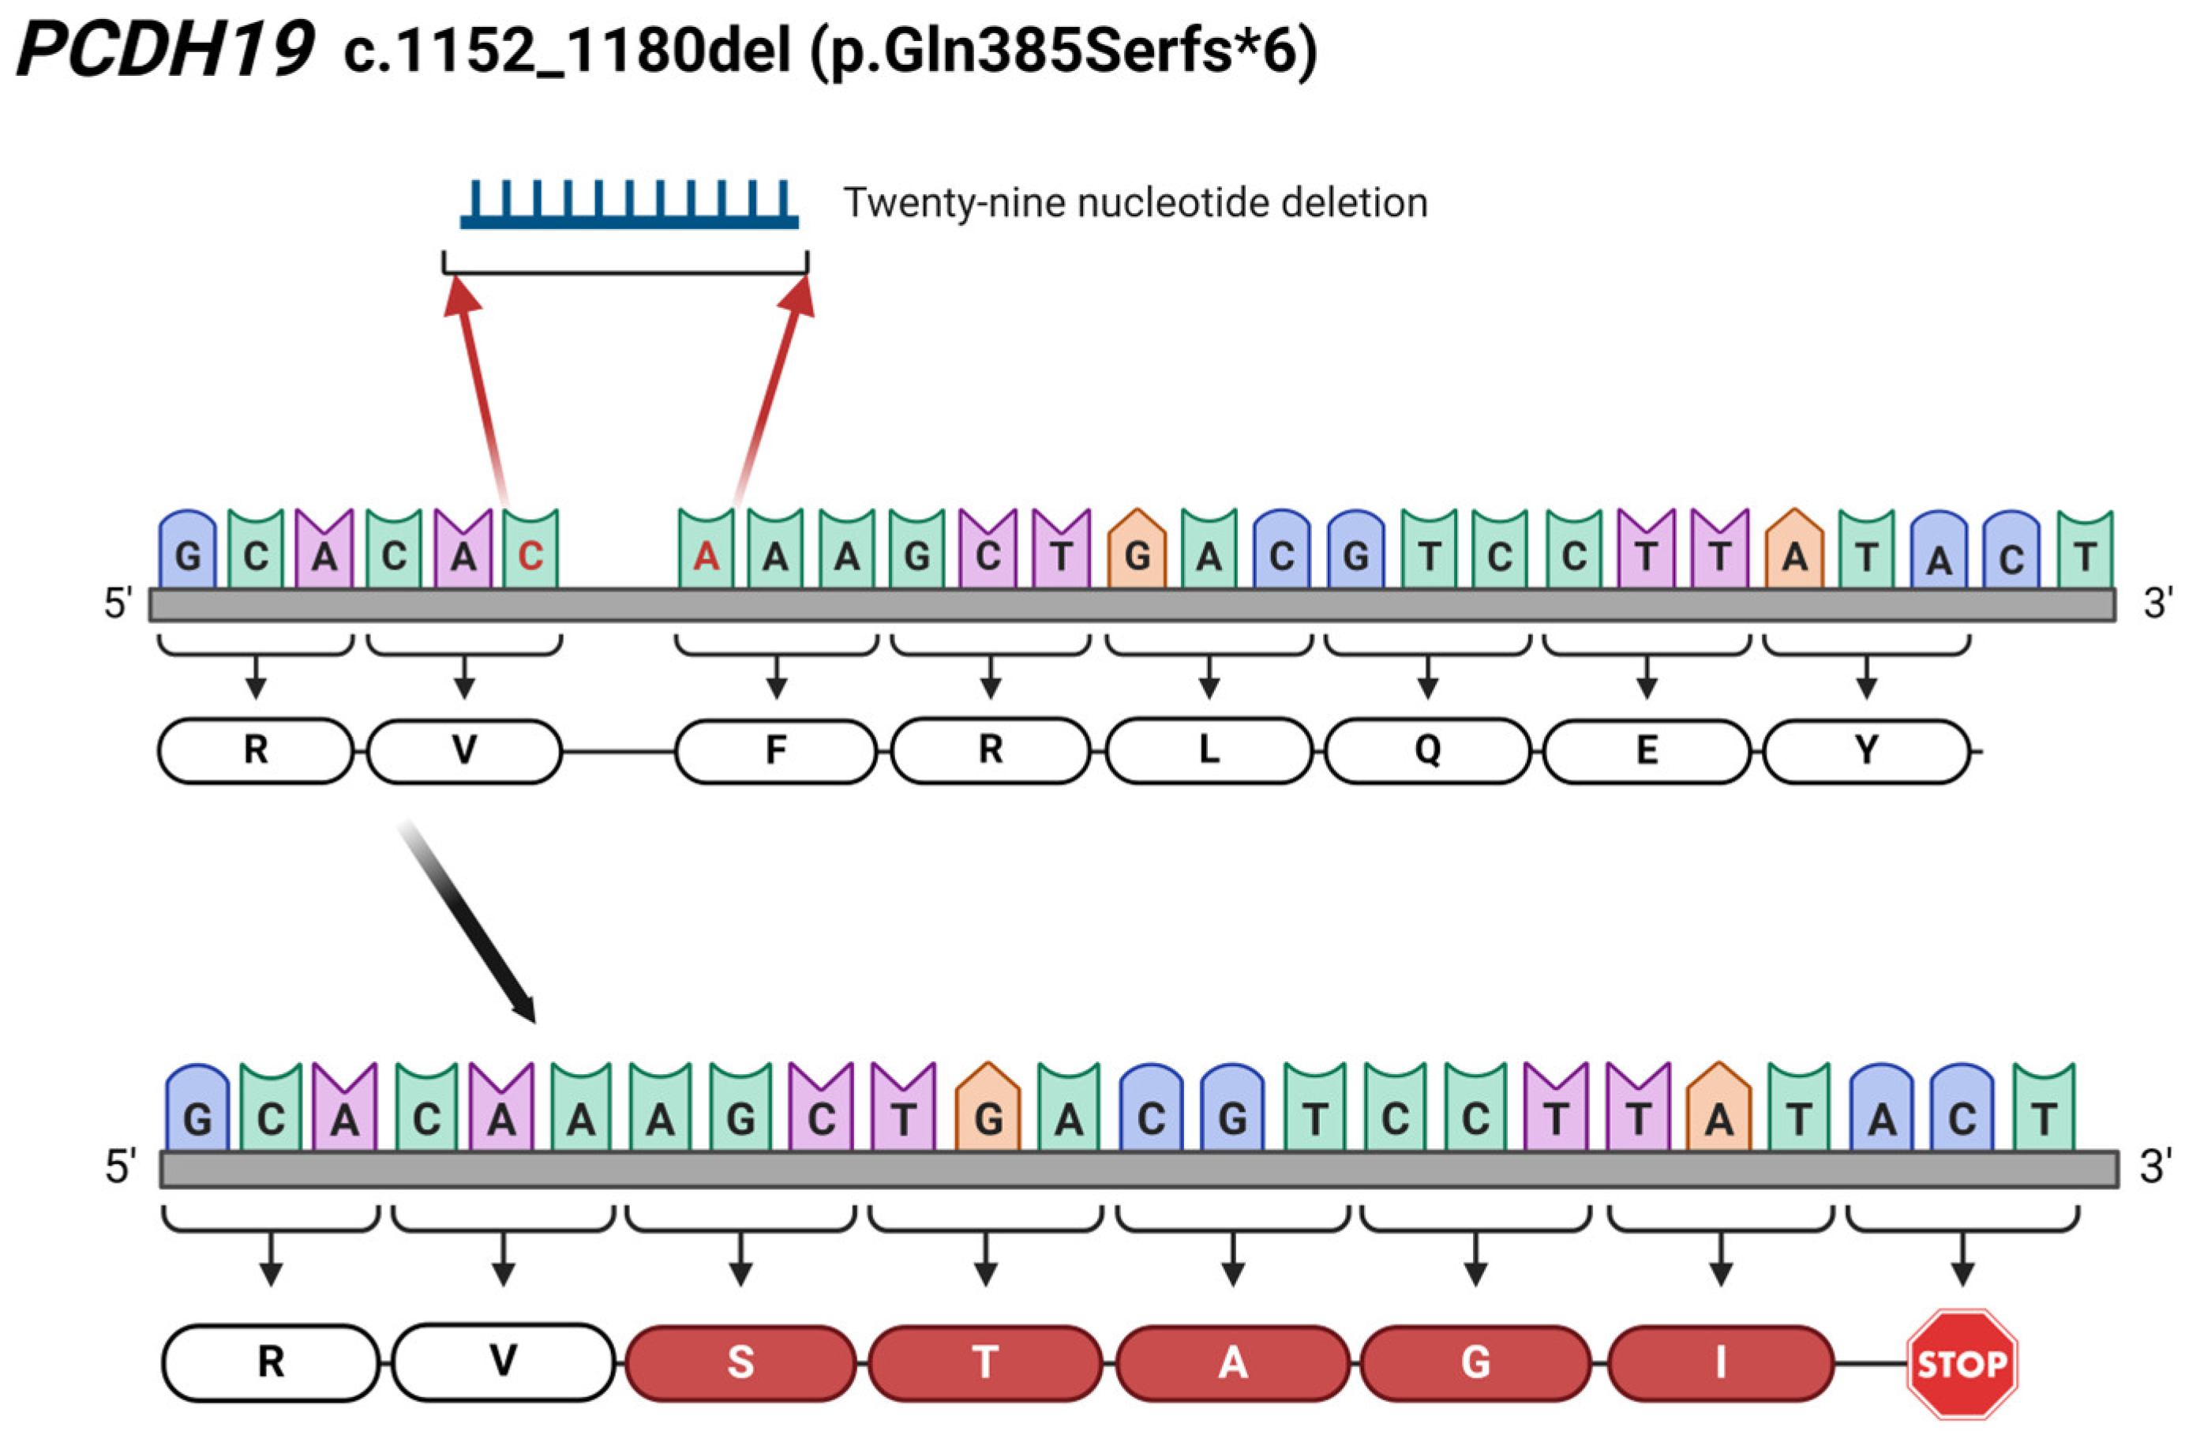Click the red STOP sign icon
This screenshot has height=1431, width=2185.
tap(1962, 1363)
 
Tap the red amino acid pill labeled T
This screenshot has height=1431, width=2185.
tap(985, 1362)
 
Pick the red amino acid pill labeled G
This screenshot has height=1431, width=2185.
tap(1475, 1362)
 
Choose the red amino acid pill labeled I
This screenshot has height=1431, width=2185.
tap(1721, 1362)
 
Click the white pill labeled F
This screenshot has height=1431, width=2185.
tap(776, 750)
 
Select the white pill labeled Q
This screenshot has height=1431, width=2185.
tap(1428, 750)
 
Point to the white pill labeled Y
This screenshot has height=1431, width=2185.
tap(1866, 750)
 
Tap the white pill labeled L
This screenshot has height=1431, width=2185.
tap(1209, 750)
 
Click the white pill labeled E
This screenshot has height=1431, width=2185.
tap(1647, 750)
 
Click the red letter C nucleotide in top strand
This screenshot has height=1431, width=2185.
tap(530, 554)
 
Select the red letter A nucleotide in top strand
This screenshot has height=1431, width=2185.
tap(706, 554)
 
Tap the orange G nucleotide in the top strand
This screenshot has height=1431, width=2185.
tap(1137, 553)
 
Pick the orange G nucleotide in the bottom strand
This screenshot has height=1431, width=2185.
tap(988, 1114)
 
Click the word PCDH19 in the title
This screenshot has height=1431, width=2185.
tap(165, 50)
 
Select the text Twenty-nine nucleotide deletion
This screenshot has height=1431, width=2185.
tap(1136, 203)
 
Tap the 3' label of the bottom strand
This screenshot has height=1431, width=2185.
tap(2156, 1166)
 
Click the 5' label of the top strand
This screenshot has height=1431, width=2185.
tap(118, 604)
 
